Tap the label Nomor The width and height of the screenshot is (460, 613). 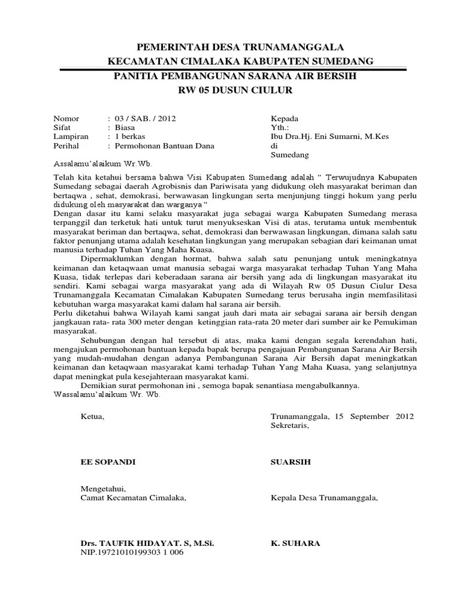click(x=66, y=119)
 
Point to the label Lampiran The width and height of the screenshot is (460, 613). click(x=71, y=136)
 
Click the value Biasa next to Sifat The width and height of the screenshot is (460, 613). click(x=125, y=128)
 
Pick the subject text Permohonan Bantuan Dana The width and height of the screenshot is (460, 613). click(x=158, y=145)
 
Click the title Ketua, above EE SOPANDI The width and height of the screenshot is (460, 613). click(x=92, y=416)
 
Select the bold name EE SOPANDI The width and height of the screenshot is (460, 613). click(x=108, y=462)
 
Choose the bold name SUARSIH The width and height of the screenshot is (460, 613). click(x=291, y=462)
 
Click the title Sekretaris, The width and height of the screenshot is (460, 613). click(x=290, y=426)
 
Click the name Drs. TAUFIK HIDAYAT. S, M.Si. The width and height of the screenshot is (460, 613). click(x=147, y=544)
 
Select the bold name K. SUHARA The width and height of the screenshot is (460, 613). click(x=295, y=544)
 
